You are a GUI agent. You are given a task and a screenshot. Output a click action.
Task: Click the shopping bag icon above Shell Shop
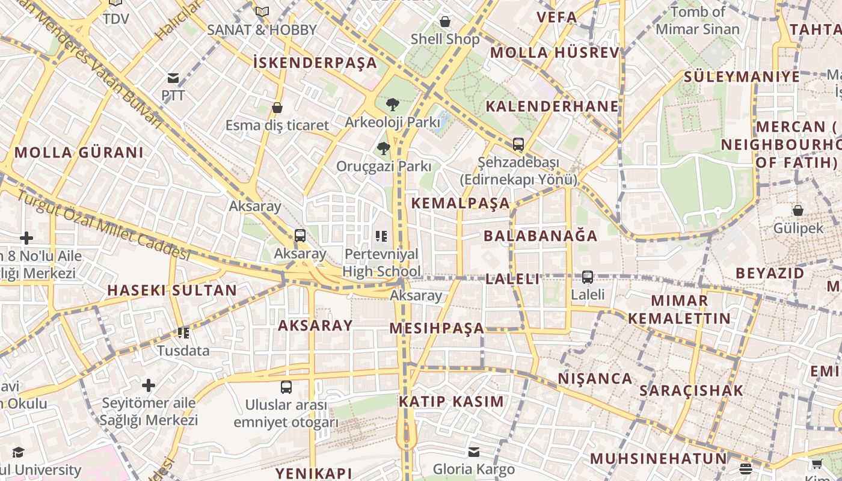coord(445,22)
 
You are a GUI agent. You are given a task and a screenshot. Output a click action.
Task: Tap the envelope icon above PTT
coord(173,78)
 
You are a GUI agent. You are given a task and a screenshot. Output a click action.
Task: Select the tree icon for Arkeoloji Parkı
coord(392,105)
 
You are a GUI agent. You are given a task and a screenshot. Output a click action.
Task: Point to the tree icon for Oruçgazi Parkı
coord(383,149)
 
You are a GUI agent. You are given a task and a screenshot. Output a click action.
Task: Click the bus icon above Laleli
coord(587,277)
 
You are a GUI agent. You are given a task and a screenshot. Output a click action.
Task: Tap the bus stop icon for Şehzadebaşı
coord(518,144)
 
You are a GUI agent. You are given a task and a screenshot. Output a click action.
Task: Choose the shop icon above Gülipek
coord(797,210)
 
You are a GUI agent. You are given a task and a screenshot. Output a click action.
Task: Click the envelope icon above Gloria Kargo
coord(474,452)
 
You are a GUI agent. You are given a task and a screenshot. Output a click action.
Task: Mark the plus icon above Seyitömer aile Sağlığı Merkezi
coord(149,385)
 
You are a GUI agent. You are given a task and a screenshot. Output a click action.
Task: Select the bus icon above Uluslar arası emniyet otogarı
coord(286,387)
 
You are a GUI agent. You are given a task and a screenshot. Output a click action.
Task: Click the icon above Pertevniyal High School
coord(381,236)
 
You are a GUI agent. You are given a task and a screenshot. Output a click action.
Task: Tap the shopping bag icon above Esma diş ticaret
coord(277,108)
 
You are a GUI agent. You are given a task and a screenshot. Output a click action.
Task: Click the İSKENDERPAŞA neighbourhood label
coord(315,63)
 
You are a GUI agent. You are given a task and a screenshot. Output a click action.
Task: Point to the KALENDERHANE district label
coord(552,106)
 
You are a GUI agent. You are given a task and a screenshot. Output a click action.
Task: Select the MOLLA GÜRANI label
coord(79,152)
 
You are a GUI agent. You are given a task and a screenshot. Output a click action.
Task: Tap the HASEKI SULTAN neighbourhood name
coord(172,290)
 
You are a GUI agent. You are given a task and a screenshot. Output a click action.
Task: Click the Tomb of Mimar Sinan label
coord(698,20)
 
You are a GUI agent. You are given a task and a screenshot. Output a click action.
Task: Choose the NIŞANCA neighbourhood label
coord(595,379)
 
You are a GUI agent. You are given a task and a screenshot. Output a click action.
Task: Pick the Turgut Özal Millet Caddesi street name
coord(102,225)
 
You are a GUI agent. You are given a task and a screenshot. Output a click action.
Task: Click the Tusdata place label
coord(183,351)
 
